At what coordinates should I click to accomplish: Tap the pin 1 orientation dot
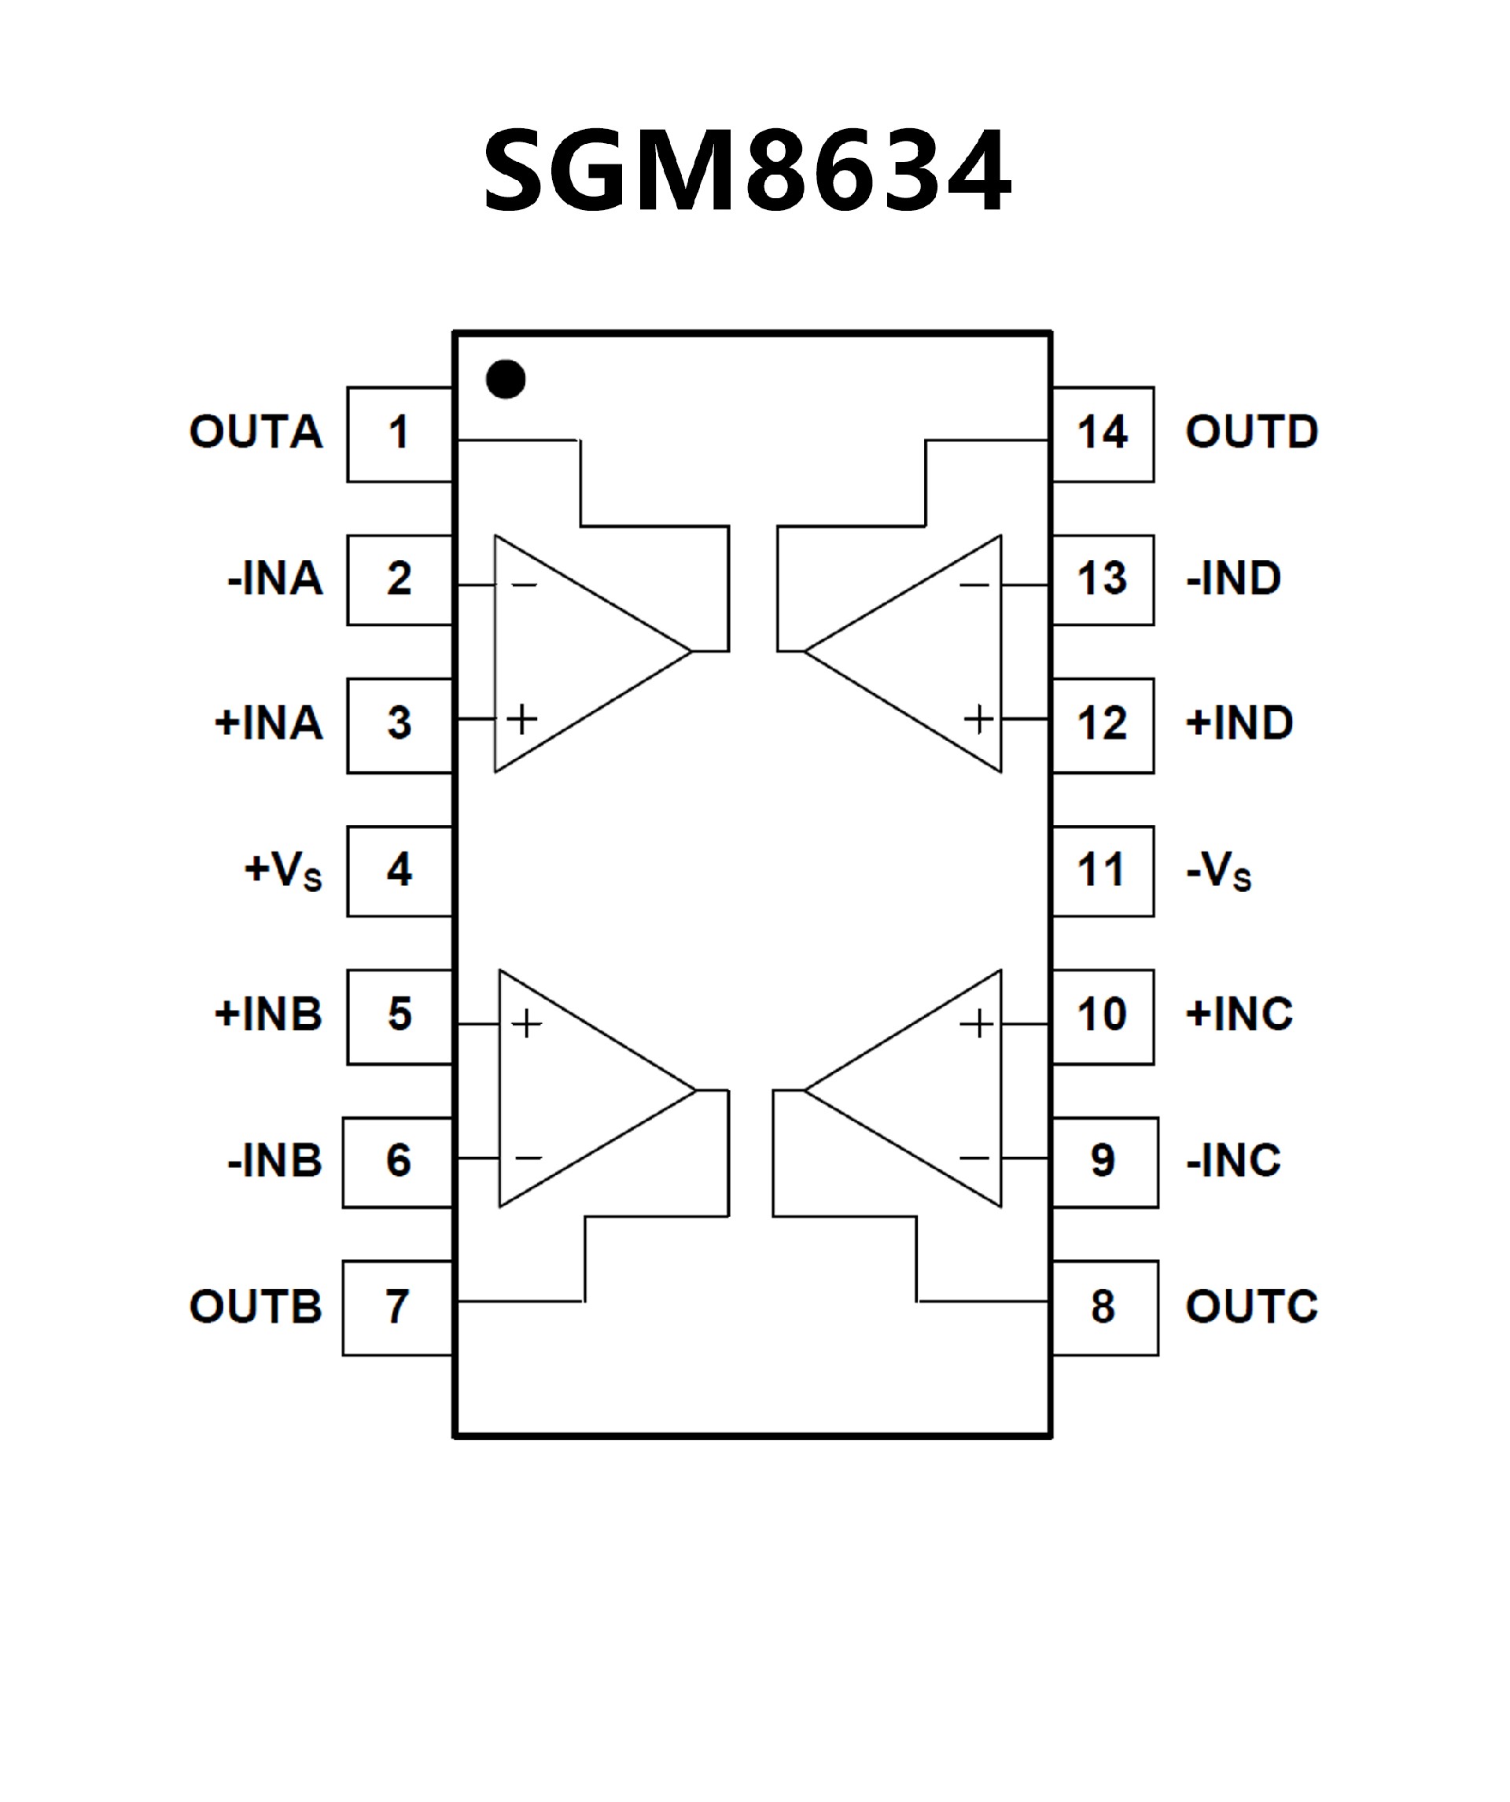pos(506,379)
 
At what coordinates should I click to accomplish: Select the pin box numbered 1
pos(399,433)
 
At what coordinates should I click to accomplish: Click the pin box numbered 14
pos(1103,433)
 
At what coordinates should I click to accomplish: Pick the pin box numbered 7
pos(397,1308)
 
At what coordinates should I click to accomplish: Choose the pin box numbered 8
pos(1104,1308)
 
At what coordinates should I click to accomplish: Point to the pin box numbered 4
pos(399,871)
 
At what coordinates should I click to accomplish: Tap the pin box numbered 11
pos(1103,871)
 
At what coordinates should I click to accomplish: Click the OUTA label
pos(256,432)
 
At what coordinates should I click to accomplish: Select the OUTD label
pos(1252,432)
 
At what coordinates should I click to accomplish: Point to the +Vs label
pos(283,870)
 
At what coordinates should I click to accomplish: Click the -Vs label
pos(1218,872)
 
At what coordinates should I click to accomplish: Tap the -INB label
pos(274,1161)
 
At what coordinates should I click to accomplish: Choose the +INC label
pos(1239,1015)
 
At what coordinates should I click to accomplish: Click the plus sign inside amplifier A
pos(521,718)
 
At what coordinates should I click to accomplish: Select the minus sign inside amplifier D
pos(974,586)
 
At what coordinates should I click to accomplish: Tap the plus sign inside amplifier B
pos(527,1024)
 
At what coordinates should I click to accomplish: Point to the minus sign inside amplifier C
pos(974,1158)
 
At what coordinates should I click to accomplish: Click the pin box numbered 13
pos(1103,579)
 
